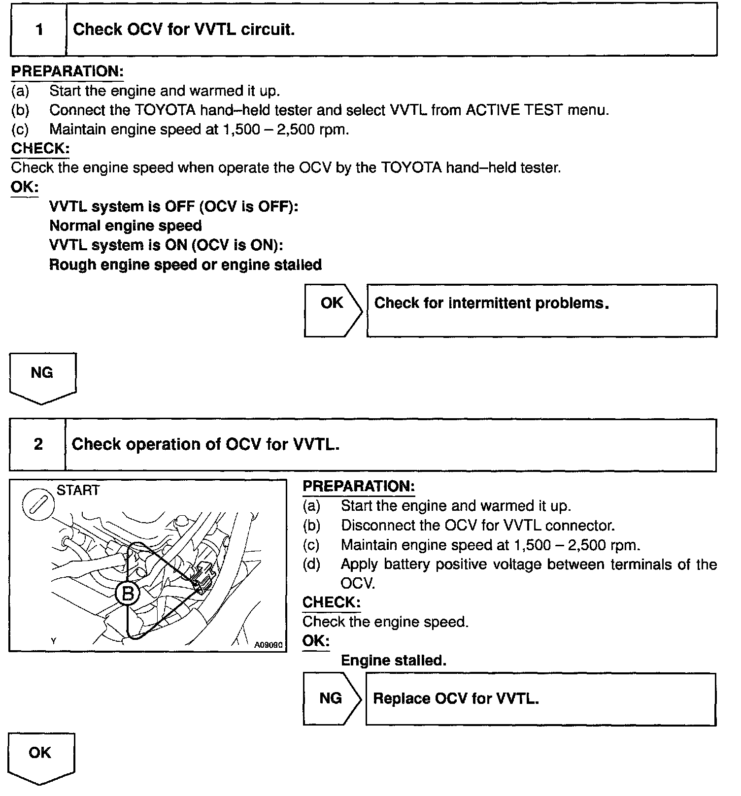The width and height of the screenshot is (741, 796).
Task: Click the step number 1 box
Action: tap(38, 30)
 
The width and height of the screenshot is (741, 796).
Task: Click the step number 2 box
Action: tap(37, 445)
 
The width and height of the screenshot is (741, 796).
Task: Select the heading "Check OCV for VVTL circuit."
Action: tap(183, 30)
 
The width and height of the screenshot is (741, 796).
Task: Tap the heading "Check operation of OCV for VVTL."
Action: tap(205, 445)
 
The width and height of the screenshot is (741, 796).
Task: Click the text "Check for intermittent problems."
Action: tap(491, 303)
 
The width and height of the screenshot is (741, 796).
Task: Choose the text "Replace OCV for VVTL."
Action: tap(456, 699)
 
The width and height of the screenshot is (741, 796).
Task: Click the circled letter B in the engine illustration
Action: tap(128, 594)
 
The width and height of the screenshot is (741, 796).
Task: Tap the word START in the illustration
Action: tap(78, 491)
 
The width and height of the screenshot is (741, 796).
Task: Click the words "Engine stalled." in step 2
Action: tap(393, 661)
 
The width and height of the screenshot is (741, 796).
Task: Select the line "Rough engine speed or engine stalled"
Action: tap(185, 265)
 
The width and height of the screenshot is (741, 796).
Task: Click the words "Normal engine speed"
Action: tap(126, 226)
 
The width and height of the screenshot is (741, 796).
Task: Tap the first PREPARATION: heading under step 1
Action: tap(67, 71)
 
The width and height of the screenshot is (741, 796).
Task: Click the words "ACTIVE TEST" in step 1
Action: tap(514, 110)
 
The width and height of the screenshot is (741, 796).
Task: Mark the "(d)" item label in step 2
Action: tap(311, 564)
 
